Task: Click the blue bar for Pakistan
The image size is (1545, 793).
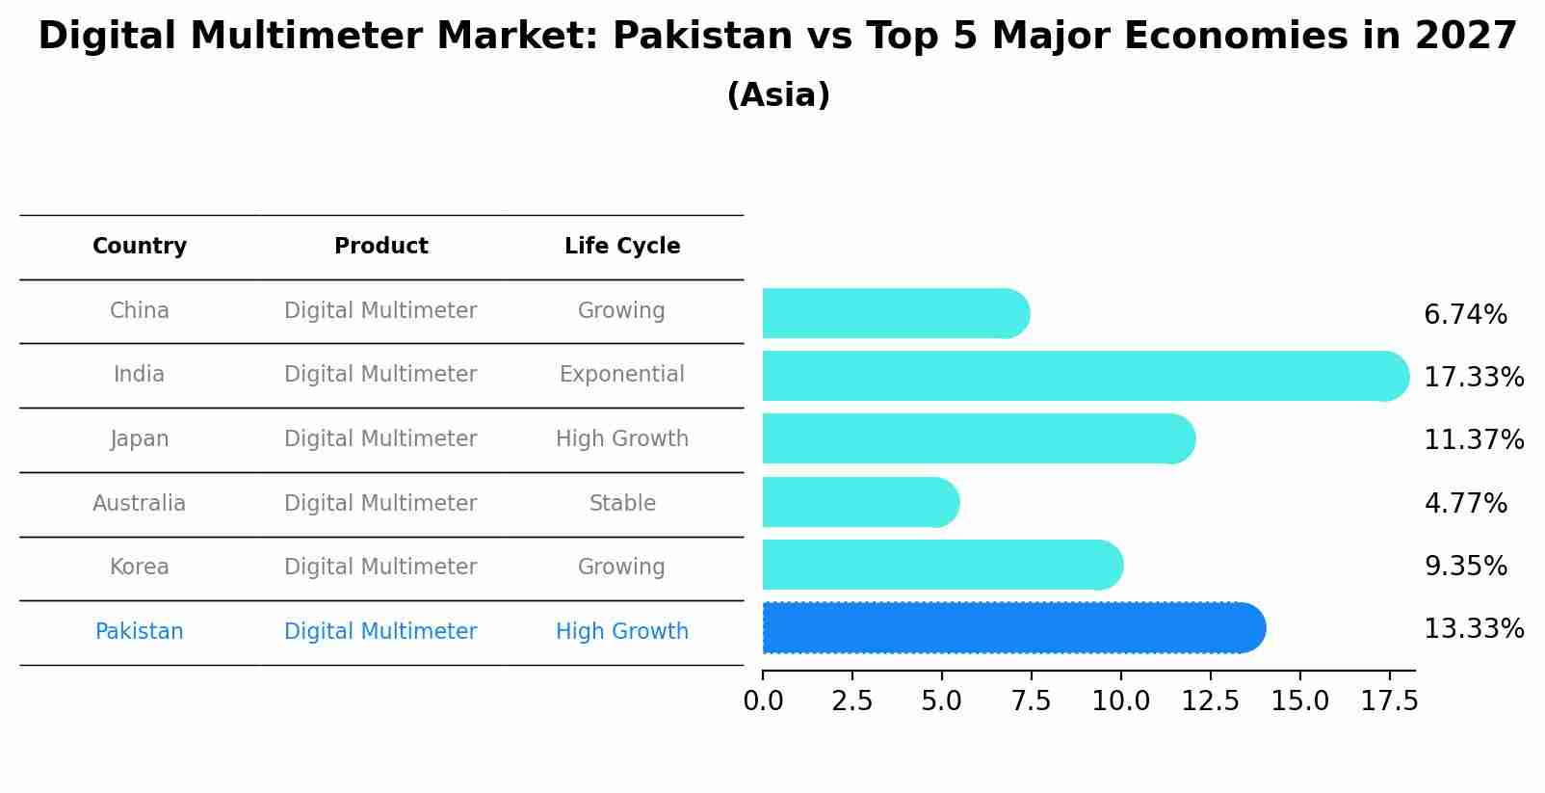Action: tap(1011, 628)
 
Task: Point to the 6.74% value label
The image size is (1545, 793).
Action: tap(1465, 315)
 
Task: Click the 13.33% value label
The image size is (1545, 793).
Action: tap(1474, 629)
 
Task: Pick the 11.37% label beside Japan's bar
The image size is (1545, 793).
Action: tap(1474, 440)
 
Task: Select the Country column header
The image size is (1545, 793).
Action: tap(140, 247)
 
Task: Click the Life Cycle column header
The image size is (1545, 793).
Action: tap(622, 247)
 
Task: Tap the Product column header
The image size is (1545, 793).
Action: tap(381, 247)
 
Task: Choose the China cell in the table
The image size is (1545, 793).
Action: tap(140, 311)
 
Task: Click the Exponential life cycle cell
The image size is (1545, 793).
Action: tap(622, 375)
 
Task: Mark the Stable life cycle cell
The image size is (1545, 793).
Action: tap(622, 503)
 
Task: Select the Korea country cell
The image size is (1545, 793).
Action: tap(140, 568)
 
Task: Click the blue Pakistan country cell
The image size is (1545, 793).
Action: tap(140, 632)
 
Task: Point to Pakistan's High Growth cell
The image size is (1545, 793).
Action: tap(622, 632)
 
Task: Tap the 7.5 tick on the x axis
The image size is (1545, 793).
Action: tap(1031, 701)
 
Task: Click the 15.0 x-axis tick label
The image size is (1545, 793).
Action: tap(1299, 701)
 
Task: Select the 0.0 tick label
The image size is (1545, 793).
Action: tap(763, 701)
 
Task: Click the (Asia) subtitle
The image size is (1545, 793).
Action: tap(778, 95)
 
